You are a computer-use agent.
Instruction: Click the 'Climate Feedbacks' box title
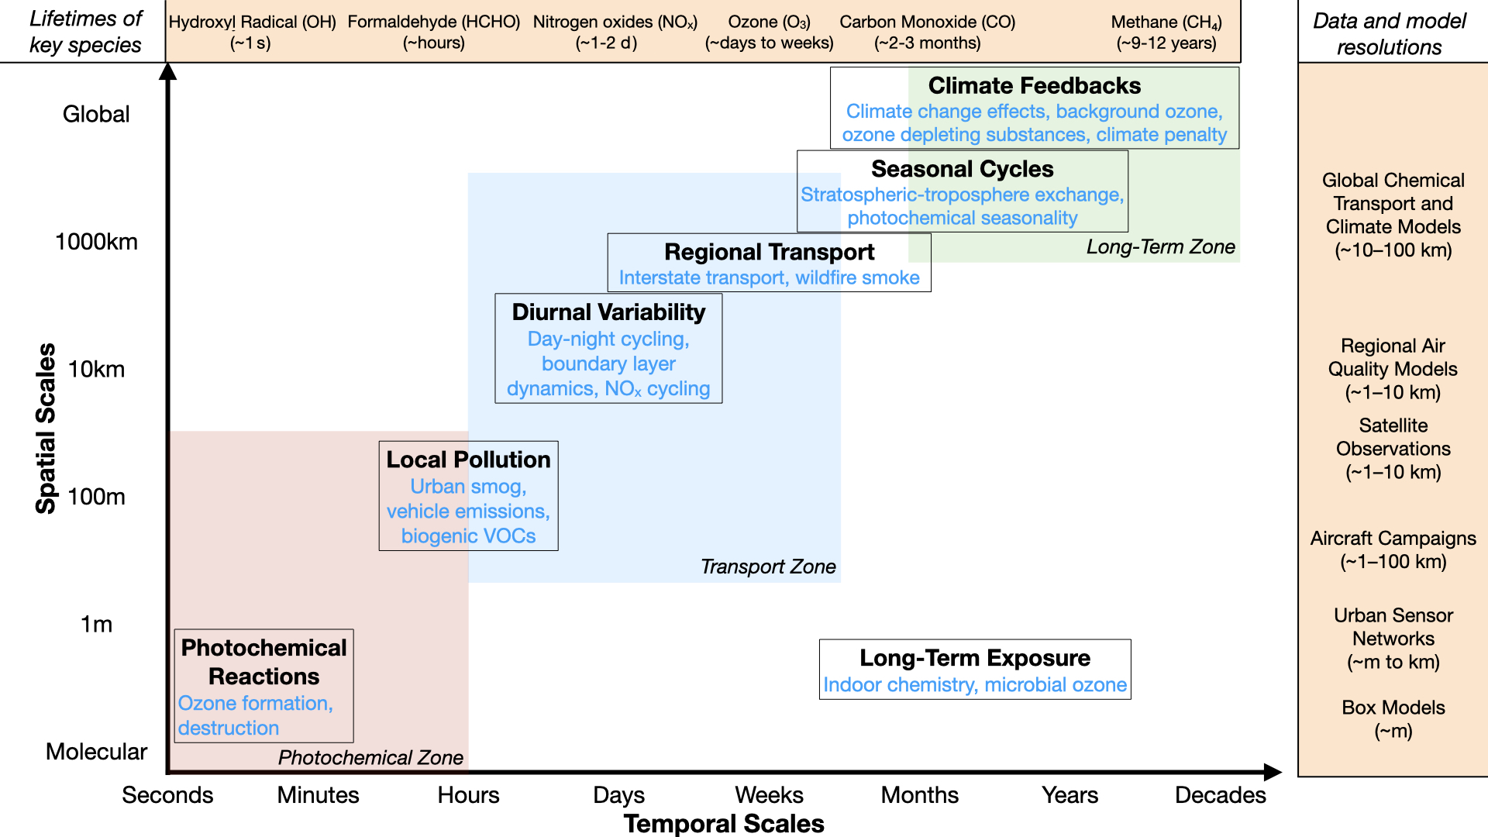(1034, 85)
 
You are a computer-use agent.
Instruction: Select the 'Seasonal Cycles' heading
(962, 169)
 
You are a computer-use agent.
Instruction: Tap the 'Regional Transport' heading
(769, 252)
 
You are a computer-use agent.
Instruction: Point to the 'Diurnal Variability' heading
(608, 312)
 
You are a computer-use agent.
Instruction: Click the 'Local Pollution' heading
(468, 460)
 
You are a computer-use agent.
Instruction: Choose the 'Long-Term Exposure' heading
(974, 658)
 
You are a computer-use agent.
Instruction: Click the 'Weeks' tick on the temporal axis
(769, 795)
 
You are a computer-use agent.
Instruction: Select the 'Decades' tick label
(1220, 795)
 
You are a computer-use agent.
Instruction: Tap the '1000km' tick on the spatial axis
(96, 242)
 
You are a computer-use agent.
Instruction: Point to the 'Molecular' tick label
(96, 752)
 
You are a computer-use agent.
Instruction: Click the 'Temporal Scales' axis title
(724, 824)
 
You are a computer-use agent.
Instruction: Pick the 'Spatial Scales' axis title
(46, 428)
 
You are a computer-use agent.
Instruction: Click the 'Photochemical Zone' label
(370, 758)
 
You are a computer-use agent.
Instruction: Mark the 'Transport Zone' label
(768, 567)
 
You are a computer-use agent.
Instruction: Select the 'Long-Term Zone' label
(1160, 247)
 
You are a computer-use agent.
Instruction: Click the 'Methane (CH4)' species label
(1166, 22)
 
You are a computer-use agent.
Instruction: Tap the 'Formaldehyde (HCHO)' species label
(433, 22)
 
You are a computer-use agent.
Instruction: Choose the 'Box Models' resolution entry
(1393, 708)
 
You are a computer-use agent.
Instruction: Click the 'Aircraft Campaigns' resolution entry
(1393, 539)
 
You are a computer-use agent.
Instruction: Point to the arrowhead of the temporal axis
(1273, 772)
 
